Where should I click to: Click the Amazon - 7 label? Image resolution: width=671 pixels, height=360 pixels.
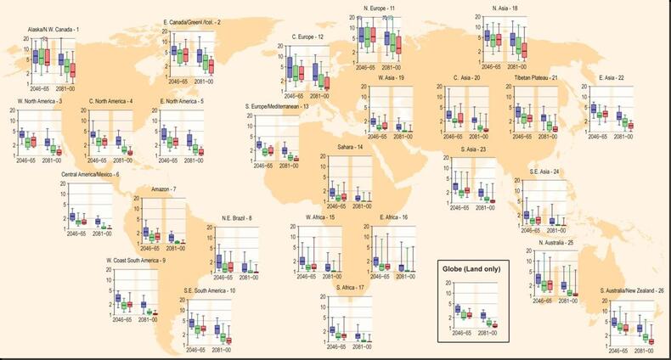163,188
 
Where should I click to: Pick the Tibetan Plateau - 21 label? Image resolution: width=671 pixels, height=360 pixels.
536,78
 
